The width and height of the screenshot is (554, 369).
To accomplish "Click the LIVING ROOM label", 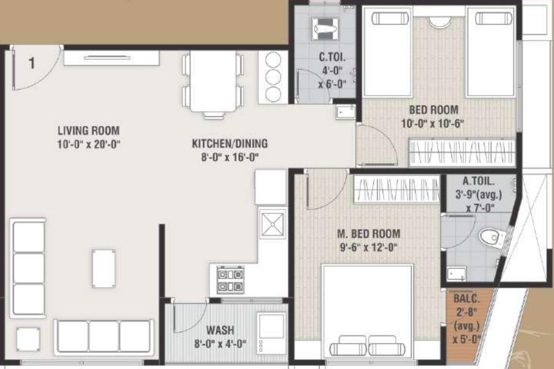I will (88, 130).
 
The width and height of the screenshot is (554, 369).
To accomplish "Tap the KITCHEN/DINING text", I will (230, 143).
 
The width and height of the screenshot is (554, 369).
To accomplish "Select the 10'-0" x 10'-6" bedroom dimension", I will (433, 123).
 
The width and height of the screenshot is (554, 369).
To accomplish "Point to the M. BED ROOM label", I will (368, 234).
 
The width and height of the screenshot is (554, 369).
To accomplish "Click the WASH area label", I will (220, 330).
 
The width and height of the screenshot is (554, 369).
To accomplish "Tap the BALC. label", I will (467, 299).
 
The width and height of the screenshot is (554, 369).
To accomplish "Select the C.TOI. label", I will (332, 58).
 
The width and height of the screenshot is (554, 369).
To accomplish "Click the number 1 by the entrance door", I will (32, 63).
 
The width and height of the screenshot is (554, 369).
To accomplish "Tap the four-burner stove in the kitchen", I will (230, 280).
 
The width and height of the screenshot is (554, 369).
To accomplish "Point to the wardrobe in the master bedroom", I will (396, 189).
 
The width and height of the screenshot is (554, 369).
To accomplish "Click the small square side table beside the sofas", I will (28, 339).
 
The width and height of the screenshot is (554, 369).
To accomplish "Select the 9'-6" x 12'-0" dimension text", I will (368, 248).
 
